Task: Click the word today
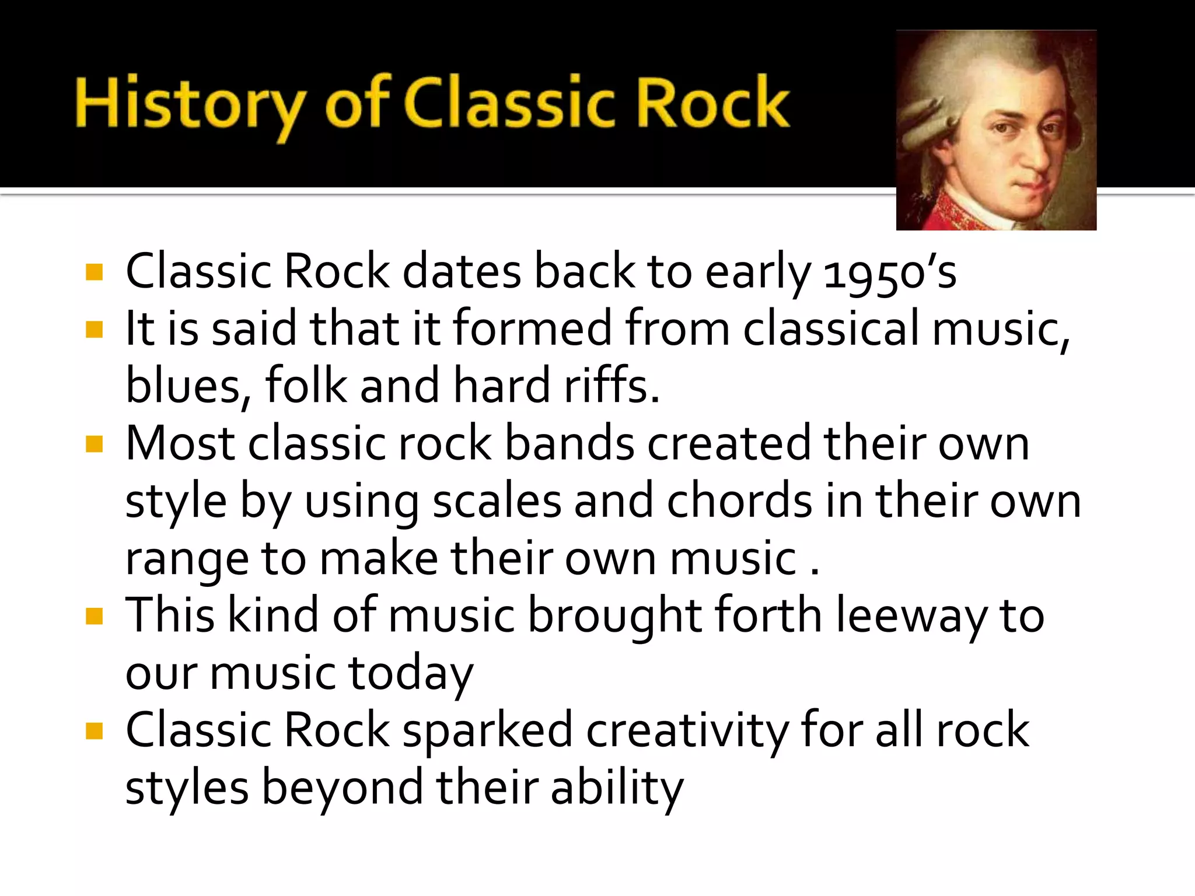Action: click(411, 673)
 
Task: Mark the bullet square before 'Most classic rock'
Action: click(94, 445)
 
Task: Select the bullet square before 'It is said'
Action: click(94, 330)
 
